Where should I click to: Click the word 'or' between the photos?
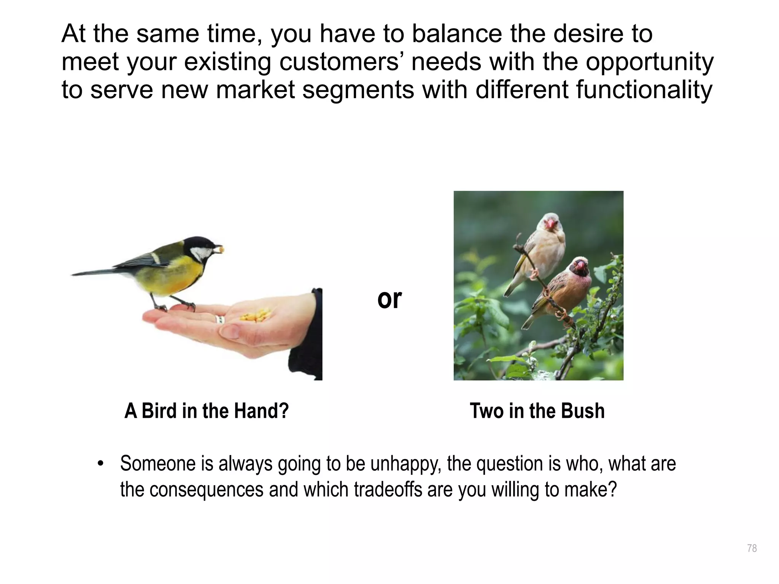click(x=389, y=299)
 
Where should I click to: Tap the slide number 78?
click(x=752, y=548)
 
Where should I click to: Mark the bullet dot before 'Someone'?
click(x=100, y=464)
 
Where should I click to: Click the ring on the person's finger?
click(x=219, y=319)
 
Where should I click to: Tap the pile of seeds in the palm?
click(x=256, y=315)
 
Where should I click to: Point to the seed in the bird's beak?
click(x=219, y=249)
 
